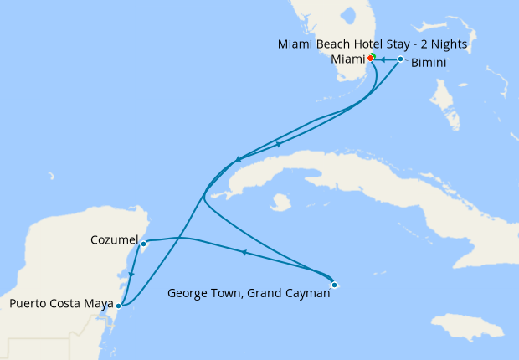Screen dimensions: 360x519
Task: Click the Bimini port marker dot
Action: [401, 59]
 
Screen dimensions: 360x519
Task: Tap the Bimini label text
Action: [429, 63]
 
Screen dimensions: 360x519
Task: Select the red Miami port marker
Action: [370, 59]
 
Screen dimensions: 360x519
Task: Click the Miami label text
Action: [348, 59]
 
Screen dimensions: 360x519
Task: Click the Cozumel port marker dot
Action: [144, 244]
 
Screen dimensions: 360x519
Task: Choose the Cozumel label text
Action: [113, 240]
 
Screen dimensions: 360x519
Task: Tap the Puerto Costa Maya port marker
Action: [118, 306]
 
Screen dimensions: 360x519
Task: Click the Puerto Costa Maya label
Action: [61, 304]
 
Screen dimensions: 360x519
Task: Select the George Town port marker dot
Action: [334, 285]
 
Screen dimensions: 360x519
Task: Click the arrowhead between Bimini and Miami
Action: [384, 59]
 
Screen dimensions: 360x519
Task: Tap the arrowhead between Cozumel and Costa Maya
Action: [131, 274]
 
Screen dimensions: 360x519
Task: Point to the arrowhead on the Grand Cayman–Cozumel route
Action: [243, 252]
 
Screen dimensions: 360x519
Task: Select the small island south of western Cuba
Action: [280, 203]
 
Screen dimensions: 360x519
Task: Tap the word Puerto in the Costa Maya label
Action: [28, 304]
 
